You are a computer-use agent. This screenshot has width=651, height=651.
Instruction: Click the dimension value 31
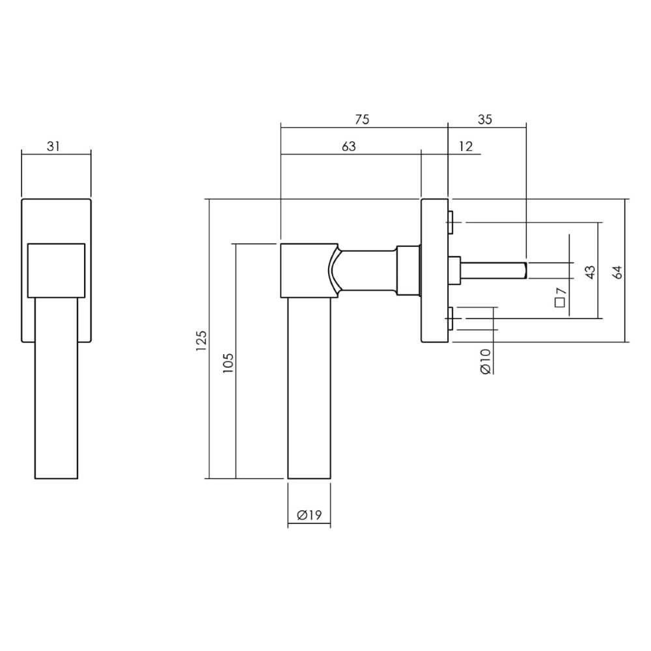pyautogui.click(x=53, y=146)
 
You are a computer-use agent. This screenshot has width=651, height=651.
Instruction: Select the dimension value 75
pyautogui.click(x=362, y=119)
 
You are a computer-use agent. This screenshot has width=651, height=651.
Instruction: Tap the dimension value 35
pyautogui.click(x=485, y=119)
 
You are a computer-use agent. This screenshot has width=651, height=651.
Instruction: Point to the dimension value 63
pyautogui.click(x=349, y=146)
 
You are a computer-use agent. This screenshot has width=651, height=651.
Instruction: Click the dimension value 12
pyautogui.click(x=465, y=146)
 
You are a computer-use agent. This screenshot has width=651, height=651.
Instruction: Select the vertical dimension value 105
pyautogui.click(x=228, y=361)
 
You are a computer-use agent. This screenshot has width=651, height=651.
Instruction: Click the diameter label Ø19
pyautogui.click(x=309, y=515)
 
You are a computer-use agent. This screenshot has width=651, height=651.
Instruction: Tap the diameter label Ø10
pyautogui.click(x=485, y=360)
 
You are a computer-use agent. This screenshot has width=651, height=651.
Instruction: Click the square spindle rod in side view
pyautogui.click(x=495, y=268)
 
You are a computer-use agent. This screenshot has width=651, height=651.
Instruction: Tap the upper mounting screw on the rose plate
pyautogui.click(x=450, y=222)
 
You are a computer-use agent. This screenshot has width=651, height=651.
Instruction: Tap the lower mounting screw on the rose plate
pyautogui.click(x=450, y=318)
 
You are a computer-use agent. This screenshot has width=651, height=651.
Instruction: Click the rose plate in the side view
pyautogui.click(x=434, y=270)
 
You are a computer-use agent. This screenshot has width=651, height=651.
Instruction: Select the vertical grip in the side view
pyautogui.click(x=310, y=391)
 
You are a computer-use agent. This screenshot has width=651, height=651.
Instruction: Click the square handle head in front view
pyautogui.click(x=56, y=270)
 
